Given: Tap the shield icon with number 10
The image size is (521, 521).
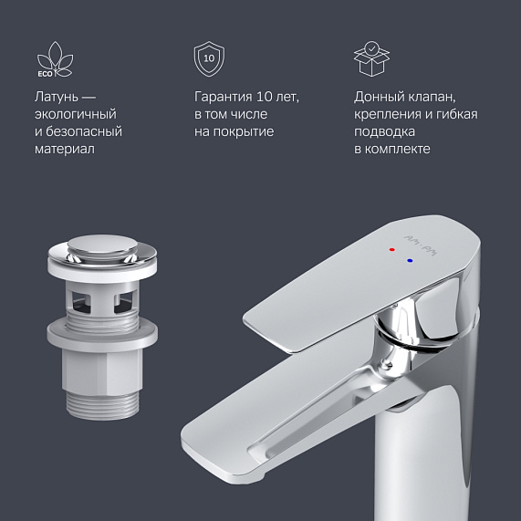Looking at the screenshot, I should coord(210,59).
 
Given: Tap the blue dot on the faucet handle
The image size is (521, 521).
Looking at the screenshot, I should coord(410,260).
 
